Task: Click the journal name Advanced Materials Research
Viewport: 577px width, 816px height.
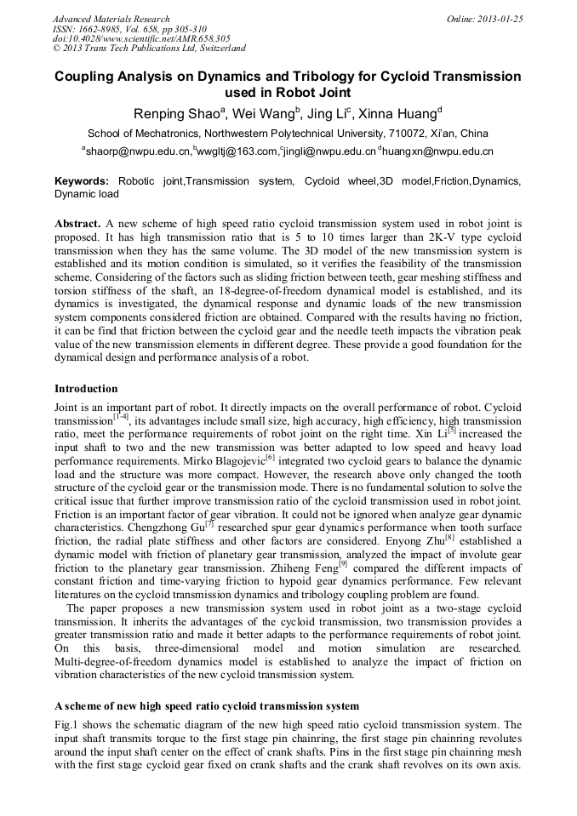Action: (111, 19)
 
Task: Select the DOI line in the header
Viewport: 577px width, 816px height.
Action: (141, 38)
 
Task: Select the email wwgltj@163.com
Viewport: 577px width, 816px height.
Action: (237, 151)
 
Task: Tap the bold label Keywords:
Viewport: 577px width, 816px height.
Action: (82, 181)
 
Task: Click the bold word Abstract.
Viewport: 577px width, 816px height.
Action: (77, 224)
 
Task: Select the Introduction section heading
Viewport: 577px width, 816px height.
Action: (86, 389)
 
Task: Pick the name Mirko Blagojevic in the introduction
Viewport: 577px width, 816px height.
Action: (221, 460)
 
